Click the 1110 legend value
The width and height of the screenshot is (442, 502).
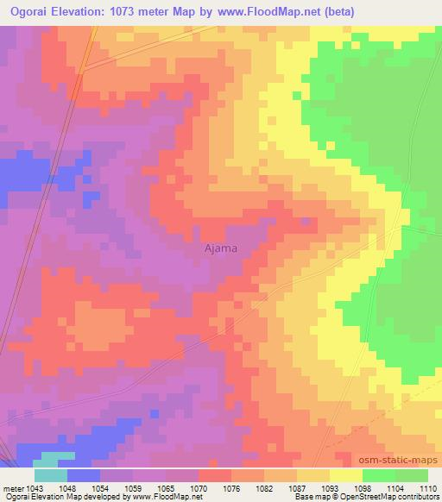(x=428, y=487)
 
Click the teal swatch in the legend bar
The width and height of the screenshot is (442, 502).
(x=50, y=475)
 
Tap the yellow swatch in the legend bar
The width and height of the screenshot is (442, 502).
(x=346, y=475)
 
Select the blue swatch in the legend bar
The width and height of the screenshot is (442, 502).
(x=83, y=475)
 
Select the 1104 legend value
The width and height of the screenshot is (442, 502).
(x=378, y=487)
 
